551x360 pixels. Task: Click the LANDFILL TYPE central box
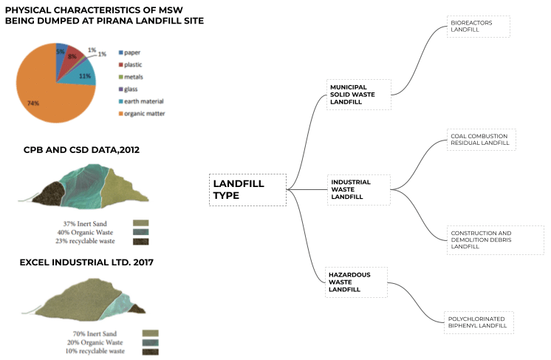click(247, 190)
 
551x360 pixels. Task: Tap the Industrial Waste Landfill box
click(358, 189)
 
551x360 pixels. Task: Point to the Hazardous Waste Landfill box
click(357, 282)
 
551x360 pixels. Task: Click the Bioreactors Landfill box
click(478, 26)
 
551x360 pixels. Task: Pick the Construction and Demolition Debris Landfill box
click(496, 240)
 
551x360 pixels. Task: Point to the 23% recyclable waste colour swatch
click(141, 241)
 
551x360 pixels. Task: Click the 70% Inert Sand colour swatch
click(151, 333)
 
